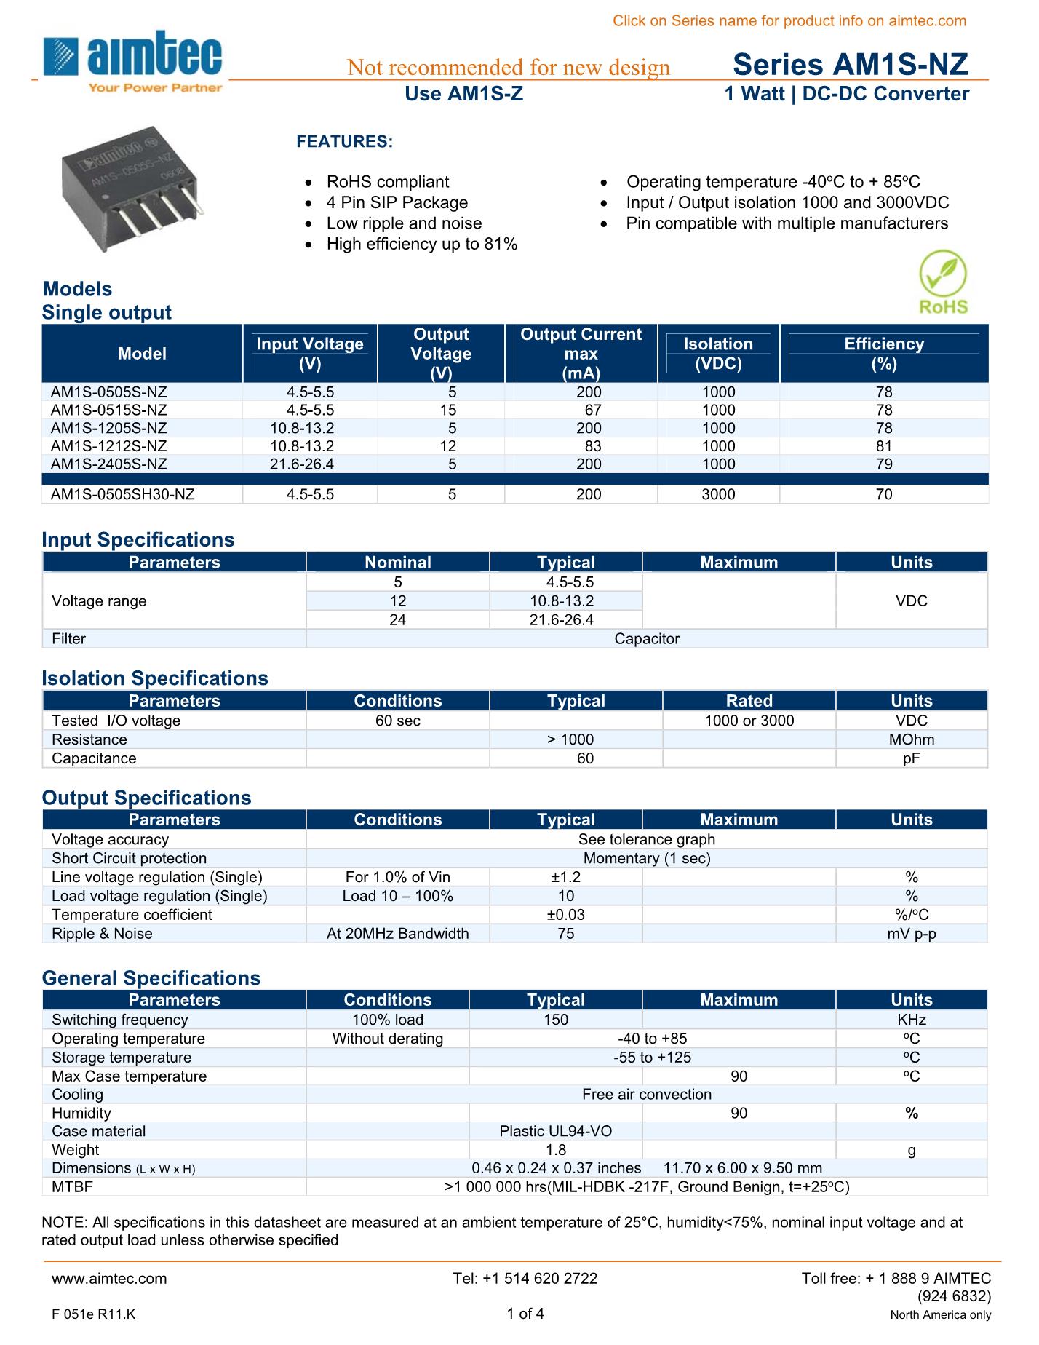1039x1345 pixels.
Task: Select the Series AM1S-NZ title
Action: (850, 66)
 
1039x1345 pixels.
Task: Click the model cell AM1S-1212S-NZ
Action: (108, 446)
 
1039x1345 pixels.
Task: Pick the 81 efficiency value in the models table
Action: (884, 446)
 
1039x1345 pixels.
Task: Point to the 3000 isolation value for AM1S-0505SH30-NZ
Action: (718, 494)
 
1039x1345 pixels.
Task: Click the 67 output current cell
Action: (593, 410)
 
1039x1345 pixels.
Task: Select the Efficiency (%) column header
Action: (884, 354)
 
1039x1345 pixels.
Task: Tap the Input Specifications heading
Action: (138, 539)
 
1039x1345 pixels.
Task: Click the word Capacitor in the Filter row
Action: (647, 639)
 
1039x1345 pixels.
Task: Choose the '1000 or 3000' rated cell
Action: (749, 721)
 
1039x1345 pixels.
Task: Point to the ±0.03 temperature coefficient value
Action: (565, 915)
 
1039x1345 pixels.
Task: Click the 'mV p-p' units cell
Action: (912, 934)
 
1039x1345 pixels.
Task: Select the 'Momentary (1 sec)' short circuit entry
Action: (647, 858)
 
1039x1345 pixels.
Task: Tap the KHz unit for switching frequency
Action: (912, 1020)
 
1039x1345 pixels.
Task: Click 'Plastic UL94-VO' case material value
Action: (556, 1131)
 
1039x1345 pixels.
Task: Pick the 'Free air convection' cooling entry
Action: (647, 1095)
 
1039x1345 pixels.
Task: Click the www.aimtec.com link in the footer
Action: (109, 1279)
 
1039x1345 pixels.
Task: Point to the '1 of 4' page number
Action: (525, 1314)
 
